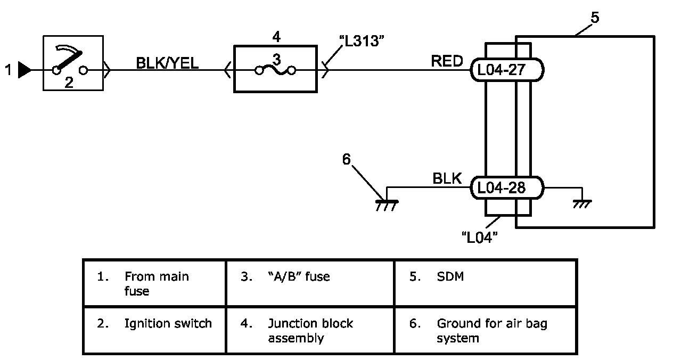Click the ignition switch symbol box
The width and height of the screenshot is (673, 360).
(72, 64)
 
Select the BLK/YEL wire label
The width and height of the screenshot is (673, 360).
(167, 63)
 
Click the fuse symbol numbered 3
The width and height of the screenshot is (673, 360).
(275, 69)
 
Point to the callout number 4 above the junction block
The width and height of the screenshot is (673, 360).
(276, 37)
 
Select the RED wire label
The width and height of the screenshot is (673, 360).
(447, 62)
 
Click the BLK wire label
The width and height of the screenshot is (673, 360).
(447, 179)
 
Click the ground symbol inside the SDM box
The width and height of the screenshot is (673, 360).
(581, 203)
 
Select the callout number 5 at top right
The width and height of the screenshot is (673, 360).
(595, 17)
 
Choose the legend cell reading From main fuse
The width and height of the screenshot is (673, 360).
(154, 283)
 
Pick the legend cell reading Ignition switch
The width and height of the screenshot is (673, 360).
(154, 323)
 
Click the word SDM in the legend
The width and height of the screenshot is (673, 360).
(450, 277)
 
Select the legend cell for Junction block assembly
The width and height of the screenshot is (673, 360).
(310, 330)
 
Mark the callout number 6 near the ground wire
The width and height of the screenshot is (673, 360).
(347, 160)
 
